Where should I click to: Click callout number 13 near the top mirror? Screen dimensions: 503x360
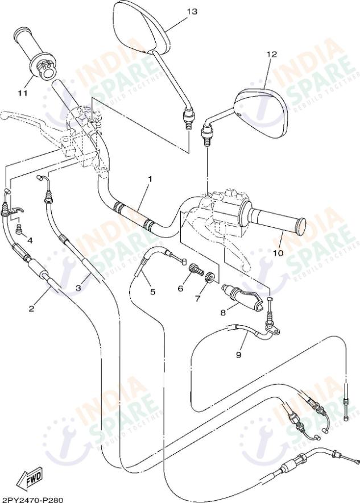pos(192,11)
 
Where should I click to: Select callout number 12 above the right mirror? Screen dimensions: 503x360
pos(271,54)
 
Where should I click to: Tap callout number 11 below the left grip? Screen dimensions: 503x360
pos(22,93)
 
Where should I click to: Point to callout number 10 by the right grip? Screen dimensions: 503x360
pos(278,253)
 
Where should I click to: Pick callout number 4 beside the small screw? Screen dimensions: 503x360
pos(30,240)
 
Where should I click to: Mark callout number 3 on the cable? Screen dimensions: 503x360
pos(79,288)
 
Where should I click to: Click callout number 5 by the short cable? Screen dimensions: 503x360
pos(152,292)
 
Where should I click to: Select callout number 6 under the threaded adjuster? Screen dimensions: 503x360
pos(180,288)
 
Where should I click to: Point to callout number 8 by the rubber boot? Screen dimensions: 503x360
pos(224,312)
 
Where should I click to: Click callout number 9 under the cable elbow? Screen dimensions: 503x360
pos(238,355)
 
